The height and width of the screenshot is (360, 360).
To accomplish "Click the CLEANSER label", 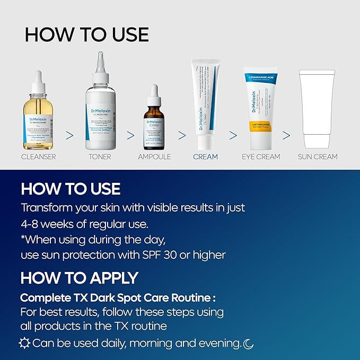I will tap(38, 157).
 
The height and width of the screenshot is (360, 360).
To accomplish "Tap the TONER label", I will tap(100, 157).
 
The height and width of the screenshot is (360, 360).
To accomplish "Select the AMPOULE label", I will tap(154, 157).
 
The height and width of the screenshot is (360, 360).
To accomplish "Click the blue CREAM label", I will tap(206, 157).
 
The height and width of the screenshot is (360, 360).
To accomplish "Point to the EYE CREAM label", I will tap(261, 157).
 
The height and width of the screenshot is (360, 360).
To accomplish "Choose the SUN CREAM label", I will tap(318, 157).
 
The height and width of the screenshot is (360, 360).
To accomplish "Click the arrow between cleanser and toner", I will tap(69, 135).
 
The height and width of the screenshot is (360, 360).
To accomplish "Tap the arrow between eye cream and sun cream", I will tap(286, 135).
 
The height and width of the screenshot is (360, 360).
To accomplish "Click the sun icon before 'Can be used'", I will tap(25, 343).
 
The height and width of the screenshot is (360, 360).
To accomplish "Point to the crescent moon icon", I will tap(248, 344).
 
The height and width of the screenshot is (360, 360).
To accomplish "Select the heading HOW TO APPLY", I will tap(79, 277).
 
